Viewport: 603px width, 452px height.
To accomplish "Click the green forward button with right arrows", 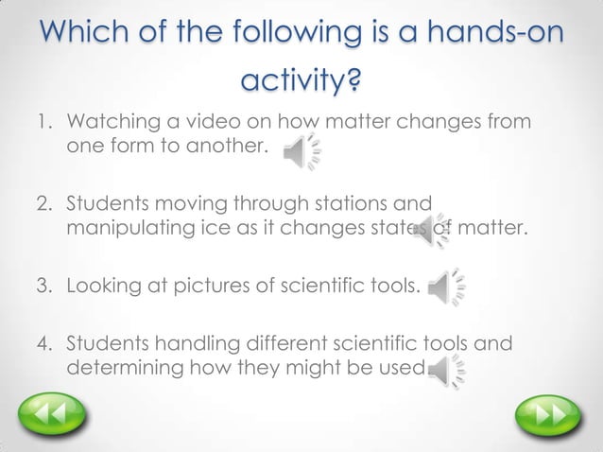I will (x=546, y=415).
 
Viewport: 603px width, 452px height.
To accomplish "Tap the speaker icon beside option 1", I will (x=301, y=151).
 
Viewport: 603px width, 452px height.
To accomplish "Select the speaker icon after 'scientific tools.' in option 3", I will (x=445, y=288).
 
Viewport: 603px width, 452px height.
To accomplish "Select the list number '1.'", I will (x=45, y=123).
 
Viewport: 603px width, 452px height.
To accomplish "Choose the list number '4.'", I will (x=45, y=342).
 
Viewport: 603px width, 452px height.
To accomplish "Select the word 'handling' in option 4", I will (x=184, y=342).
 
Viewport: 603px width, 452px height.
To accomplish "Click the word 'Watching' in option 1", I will (x=109, y=123).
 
